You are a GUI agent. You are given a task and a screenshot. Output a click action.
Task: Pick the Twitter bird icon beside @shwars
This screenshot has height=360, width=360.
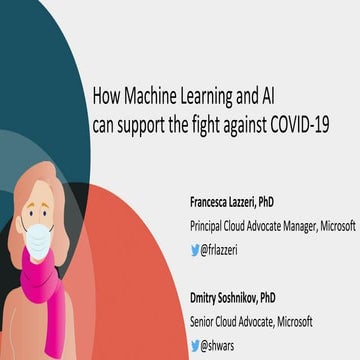(196, 346)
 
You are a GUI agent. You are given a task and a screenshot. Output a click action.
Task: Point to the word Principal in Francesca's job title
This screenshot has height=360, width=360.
(210, 226)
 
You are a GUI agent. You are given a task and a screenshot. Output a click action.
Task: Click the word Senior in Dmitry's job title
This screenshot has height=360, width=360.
(205, 321)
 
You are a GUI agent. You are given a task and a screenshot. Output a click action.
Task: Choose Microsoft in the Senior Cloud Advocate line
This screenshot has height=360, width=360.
(291, 321)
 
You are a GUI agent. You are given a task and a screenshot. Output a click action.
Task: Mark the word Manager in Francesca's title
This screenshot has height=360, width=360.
(286, 226)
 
